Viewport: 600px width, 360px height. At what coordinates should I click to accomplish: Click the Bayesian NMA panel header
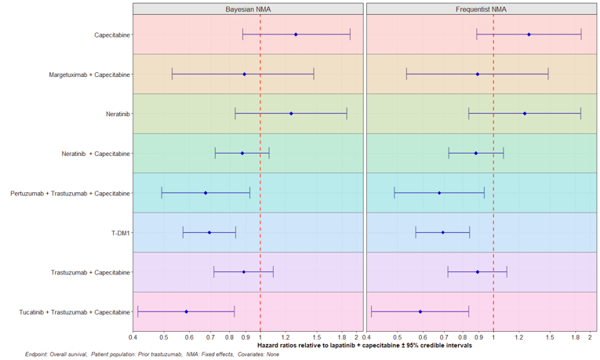[248, 9]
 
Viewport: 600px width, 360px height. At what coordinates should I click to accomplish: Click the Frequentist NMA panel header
[481, 9]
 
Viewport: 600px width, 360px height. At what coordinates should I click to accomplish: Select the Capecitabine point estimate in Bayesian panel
[296, 35]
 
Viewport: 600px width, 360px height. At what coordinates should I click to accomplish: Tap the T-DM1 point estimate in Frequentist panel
[443, 232]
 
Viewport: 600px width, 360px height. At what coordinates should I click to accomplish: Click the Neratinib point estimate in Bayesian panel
[291, 114]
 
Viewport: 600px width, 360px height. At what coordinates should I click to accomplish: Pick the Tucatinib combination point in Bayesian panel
[186, 311]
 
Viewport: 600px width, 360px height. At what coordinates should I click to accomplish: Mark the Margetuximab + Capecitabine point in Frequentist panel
[478, 75]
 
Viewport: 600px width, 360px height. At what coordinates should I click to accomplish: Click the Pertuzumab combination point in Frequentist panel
[439, 193]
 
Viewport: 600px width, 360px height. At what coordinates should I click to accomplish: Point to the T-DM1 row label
[120, 233]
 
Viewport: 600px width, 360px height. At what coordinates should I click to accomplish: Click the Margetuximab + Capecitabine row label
[89, 75]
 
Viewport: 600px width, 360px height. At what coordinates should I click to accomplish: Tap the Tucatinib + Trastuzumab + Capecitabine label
[75, 312]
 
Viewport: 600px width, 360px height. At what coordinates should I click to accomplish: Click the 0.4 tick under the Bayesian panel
[133, 337]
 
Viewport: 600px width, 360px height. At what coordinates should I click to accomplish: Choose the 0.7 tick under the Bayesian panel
[209, 337]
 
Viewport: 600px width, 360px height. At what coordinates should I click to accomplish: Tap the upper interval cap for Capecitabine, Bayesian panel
[350, 35]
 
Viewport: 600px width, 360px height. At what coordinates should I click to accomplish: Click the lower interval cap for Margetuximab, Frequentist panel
[406, 75]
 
